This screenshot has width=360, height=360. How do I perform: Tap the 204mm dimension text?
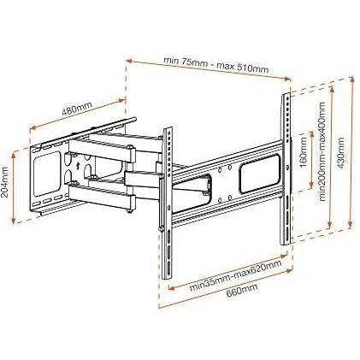point(8,185)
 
